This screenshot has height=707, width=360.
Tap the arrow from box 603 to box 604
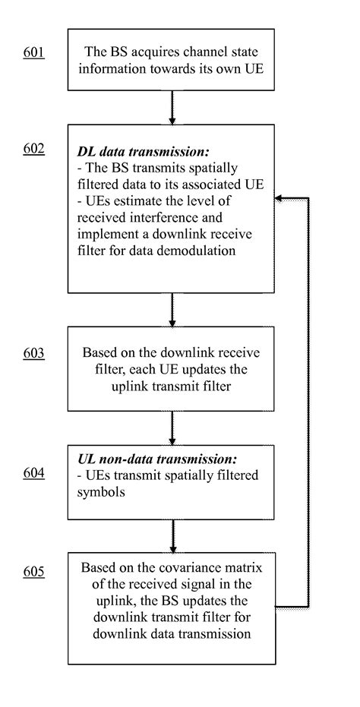(172, 430)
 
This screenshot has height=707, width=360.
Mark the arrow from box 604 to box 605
(172, 538)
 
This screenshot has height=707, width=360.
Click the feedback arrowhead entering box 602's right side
(280, 198)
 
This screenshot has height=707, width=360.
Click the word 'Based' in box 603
(99, 353)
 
